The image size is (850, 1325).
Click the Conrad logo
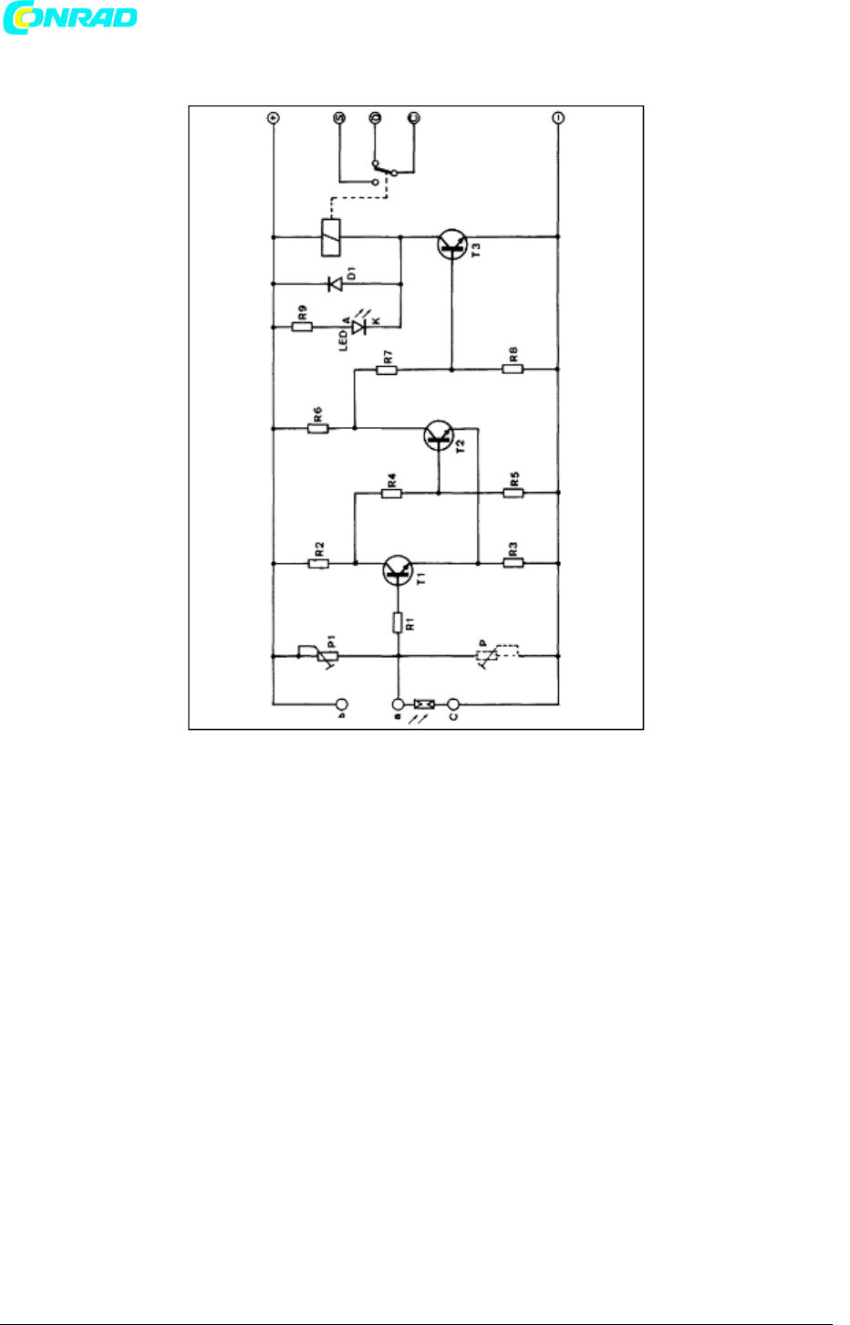[70, 18]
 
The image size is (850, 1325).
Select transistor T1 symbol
[398, 570]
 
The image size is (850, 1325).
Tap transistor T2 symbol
[440, 435]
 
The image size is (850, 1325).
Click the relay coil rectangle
[330, 237]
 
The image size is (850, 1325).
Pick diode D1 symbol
[335, 284]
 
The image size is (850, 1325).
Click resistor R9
[302, 327]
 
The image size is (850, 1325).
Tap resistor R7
[388, 370]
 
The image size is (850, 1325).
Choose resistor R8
[513, 370]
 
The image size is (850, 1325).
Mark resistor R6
[317, 427]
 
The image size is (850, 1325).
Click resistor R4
[391, 494]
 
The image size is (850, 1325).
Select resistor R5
[513, 494]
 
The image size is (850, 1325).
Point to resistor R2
[318, 564]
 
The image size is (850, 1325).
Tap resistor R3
[513, 564]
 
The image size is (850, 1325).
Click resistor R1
[398, 622]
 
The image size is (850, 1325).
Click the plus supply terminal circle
[273, 118]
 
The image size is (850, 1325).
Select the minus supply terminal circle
[558, 118]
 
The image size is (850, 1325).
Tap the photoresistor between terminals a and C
[424, 704]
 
